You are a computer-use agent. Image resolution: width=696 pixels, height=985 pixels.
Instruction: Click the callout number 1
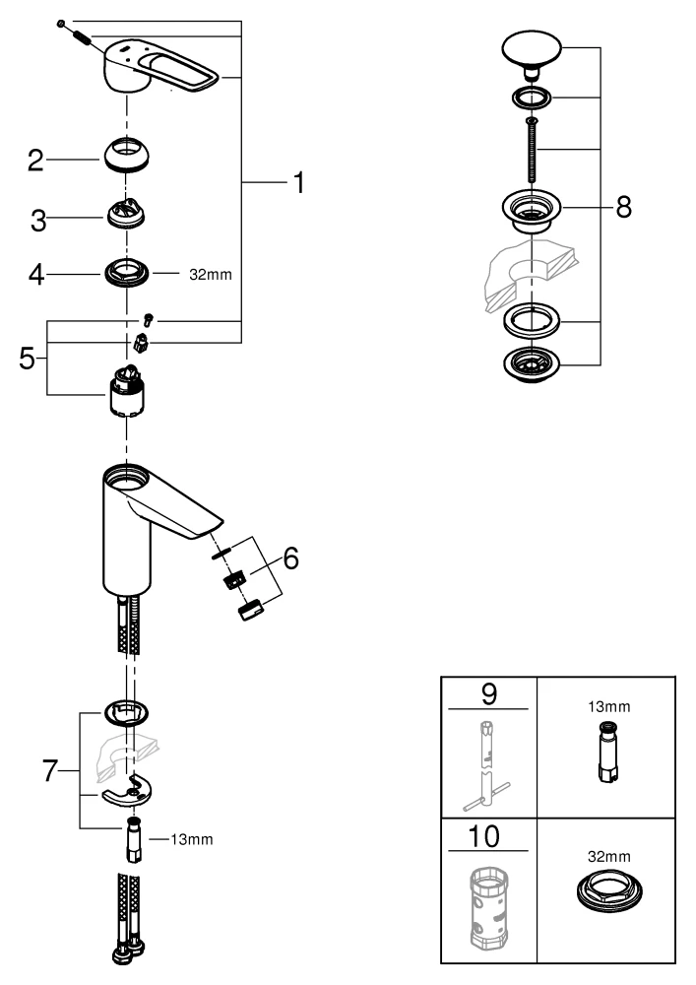296,183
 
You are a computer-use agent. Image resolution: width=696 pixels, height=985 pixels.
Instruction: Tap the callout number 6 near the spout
290,558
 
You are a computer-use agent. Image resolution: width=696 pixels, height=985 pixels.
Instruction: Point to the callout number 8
623,207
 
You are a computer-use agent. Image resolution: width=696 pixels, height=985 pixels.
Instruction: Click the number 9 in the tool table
488,693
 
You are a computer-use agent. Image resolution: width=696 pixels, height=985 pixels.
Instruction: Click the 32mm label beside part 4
210,274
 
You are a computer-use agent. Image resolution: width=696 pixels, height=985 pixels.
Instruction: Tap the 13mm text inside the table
606,706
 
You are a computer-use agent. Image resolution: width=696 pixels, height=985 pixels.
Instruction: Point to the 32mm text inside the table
606,858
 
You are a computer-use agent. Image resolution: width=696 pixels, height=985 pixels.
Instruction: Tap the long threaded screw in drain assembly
532,148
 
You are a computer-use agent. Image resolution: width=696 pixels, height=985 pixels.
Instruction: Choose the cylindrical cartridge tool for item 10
488,912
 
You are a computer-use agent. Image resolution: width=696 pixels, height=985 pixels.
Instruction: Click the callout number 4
36,274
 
